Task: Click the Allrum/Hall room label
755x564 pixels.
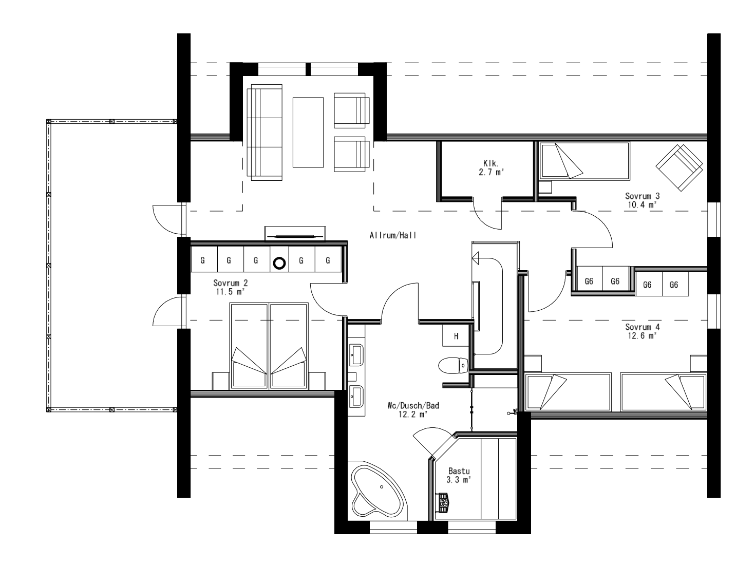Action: point(392,236)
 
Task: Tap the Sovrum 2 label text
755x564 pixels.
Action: point(230,283)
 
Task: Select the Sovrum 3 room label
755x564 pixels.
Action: point(642,196)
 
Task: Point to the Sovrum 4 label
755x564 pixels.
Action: point(642,327)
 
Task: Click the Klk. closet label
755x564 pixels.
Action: point(488,164)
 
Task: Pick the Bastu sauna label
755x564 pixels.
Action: point(459,471)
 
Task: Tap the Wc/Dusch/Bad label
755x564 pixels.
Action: point(413,405)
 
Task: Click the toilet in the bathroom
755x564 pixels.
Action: point(454,366)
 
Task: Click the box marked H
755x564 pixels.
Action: point(455,336)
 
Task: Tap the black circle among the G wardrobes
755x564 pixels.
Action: point(279,263)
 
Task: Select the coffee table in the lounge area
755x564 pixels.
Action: point(308,132)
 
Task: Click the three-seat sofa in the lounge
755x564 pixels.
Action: point(265,132)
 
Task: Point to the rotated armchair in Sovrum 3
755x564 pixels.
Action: point(678,167)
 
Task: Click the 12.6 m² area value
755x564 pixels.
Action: point(642,336)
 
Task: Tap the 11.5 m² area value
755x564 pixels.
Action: point(230,291)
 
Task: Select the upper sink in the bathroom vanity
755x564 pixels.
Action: point(356,352)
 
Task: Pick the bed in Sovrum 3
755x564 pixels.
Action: point(583,161)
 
